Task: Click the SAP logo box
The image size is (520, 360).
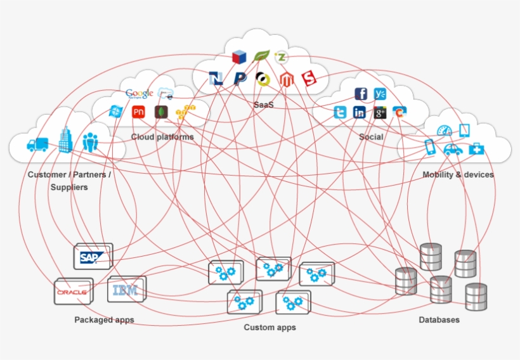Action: pos(93,257)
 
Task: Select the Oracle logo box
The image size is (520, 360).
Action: pos(73,292)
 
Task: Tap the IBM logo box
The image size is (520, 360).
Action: pos(126,290)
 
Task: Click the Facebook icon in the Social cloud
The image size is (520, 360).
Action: pos(361,94)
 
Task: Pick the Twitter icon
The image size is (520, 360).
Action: pos(341,113)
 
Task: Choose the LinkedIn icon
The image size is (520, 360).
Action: pos(360,113)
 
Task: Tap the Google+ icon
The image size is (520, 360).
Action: pos(380,113)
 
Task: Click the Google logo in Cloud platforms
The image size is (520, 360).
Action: pos(140,94)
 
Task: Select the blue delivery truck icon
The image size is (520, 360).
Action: pos(37,145)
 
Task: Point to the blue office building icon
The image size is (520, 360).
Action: pos(65,140)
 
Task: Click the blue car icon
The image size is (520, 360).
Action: pos(452,150)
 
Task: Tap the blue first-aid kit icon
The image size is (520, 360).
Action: pos(476,149)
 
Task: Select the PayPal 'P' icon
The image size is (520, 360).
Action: pos(239,79)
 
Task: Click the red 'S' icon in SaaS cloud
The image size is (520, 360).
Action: pos(309,79)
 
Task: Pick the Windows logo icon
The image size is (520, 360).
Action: pos(115,112)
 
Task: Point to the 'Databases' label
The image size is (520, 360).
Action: pos(439,320)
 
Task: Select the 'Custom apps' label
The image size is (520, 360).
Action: pos(270,328)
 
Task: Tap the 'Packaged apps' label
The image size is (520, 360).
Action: pos(104,320)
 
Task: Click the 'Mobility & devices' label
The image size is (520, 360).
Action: pos(458,174)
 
